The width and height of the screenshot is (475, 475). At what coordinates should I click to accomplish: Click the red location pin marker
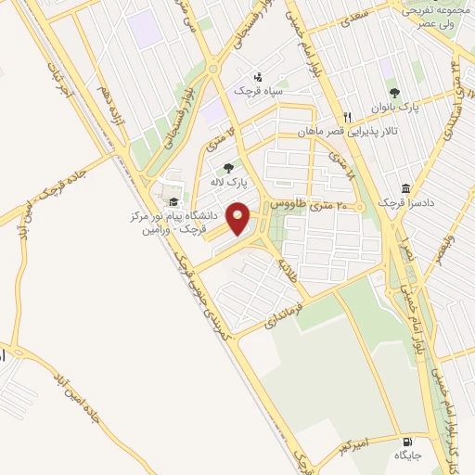point(238,219)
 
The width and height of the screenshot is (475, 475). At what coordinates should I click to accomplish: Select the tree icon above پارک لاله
point(228,168)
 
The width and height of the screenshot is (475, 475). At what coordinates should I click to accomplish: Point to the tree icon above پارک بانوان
point(394,93)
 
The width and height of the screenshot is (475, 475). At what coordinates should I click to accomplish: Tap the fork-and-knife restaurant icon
point(347,117)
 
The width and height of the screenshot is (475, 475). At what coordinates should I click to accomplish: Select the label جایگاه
point(406,456)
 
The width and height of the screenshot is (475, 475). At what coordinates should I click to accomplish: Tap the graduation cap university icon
point(172,201)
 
